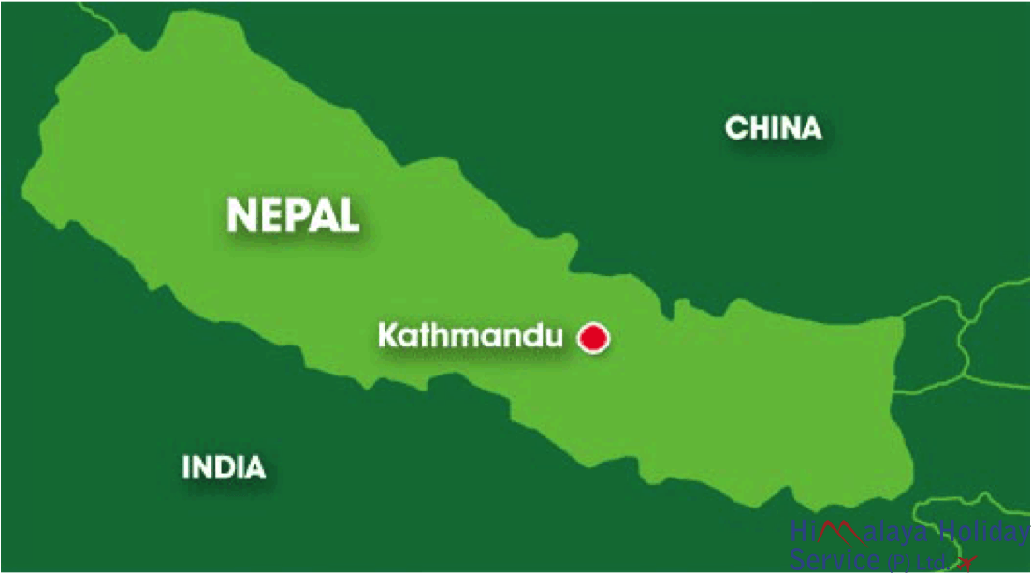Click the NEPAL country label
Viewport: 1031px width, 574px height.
pos(293,214)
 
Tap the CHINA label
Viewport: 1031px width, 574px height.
pos(774,128)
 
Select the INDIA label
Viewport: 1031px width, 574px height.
pos(224,466)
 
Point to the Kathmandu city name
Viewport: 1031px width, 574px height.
pos(470,335)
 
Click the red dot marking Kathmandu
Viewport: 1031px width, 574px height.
pos(592,338)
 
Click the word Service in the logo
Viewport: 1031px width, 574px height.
pos(835,560)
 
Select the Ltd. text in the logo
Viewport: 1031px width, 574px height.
pos(931,562)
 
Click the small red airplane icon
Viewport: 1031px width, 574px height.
pos(966,562)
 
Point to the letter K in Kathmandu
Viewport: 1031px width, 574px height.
pos(387,335)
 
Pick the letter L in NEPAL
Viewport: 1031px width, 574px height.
pos(348,214)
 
